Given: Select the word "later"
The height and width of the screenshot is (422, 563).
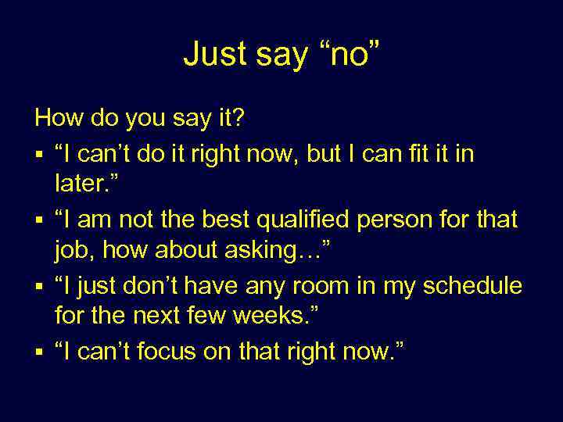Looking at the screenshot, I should coord(79,185).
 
